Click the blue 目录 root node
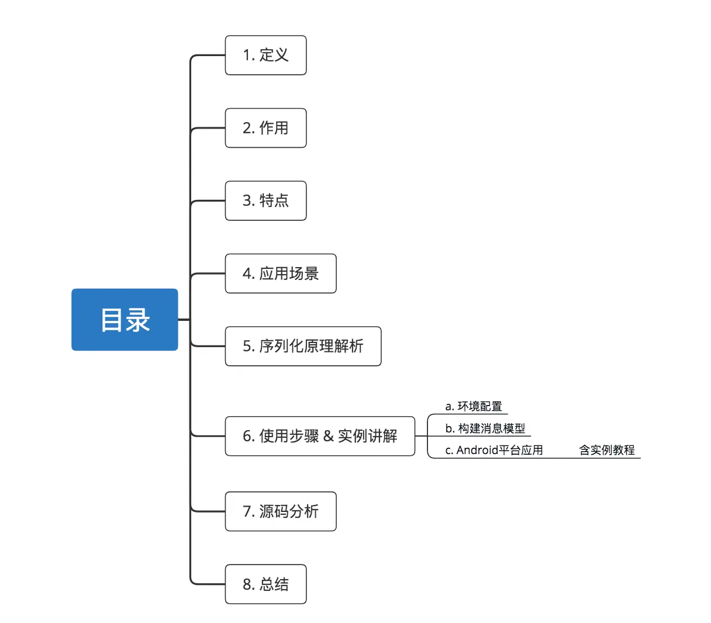pos(125,320)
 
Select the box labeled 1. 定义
pos(265,56)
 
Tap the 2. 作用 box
pos(265,128)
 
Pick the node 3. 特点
pos(265,200)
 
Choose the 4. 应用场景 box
pos(281,274)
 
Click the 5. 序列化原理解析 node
pos(303,346)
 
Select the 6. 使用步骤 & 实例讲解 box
pos(320,436)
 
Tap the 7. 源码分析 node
pos(281,511)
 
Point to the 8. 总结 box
pos(265,584)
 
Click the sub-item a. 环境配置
pos(474,406)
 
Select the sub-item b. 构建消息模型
pos(485,428)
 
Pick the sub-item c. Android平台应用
pos(494,450)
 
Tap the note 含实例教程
pos(607,450)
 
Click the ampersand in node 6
pos(328,436)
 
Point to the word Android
pos(477,450)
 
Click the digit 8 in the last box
pos(247,584)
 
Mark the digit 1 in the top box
pos(246,56)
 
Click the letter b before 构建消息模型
pos(448,428)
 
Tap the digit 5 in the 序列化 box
pos(247,347)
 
